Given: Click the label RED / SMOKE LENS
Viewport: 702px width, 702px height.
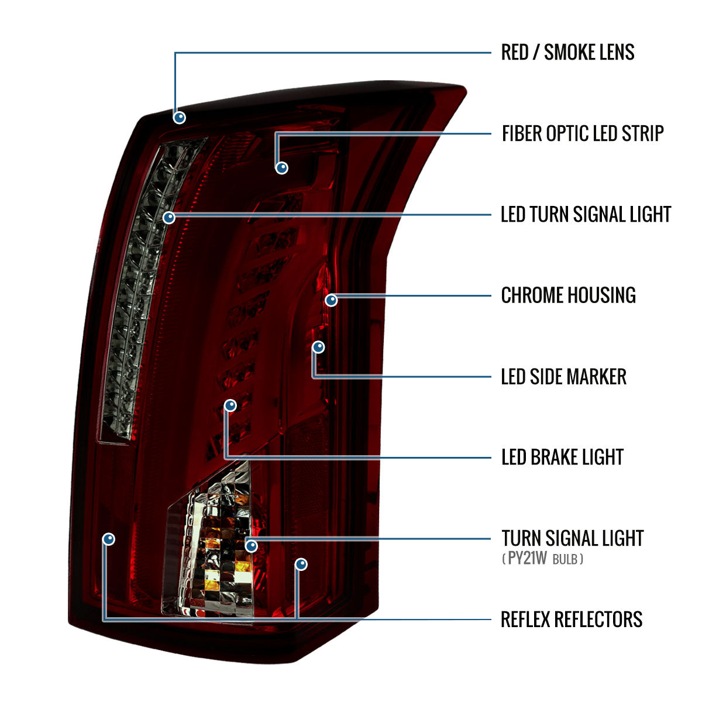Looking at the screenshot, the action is [x=567, y=52].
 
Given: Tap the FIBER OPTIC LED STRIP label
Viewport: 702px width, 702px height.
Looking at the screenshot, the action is [x=583, y=133].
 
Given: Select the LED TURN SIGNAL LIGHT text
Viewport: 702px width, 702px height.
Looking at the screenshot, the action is [x=586, y=214].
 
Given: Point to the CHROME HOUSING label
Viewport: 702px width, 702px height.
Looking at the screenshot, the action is [x=568, y=295].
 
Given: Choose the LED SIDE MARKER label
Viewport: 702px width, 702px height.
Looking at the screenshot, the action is [x=563, y=376].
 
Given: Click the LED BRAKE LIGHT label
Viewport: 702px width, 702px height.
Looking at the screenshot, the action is [x=562, y=457].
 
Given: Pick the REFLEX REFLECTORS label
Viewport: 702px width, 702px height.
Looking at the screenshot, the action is [x=572, y=620].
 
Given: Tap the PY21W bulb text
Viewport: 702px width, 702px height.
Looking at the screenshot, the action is [x=543, y=559].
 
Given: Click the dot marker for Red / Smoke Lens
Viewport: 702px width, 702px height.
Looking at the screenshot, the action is [x=180, y=118].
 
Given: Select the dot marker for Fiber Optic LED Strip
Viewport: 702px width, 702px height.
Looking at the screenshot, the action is [x=281, y=168].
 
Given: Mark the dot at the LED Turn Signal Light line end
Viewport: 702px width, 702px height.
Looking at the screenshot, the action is [x=169, y=218].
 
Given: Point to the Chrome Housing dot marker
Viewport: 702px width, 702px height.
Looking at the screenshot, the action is [x=331, y=300].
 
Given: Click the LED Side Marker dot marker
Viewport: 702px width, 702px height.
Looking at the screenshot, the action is [x=319, y=347].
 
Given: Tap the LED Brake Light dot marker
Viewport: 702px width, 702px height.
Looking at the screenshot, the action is [x=230, y=405].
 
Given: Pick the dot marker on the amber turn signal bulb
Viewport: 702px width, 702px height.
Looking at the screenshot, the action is [x=252, y=546].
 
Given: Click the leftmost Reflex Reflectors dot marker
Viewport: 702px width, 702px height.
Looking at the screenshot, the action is [x=109, y=539].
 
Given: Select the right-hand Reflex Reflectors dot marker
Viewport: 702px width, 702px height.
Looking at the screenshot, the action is [x=301, y=565].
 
